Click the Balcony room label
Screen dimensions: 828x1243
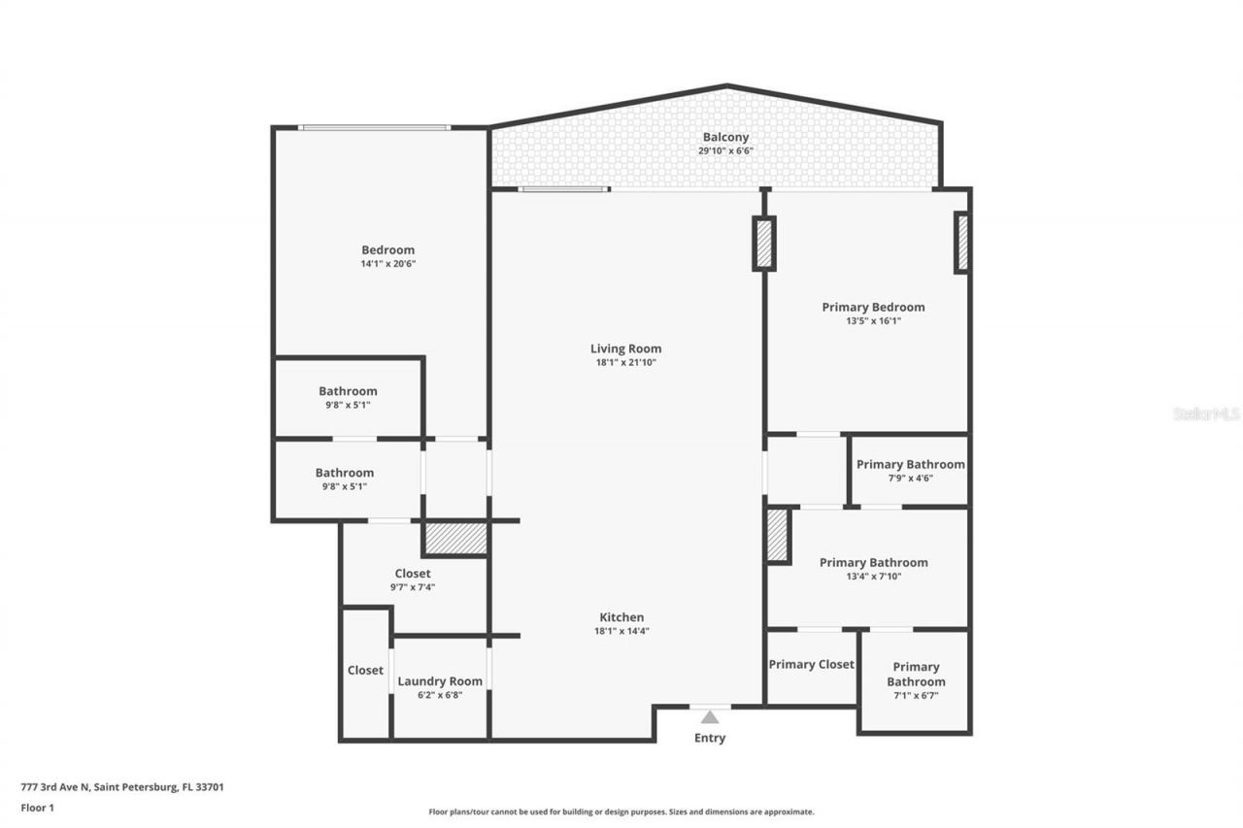(x=725, y=138)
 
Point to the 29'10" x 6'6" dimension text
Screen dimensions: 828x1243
(x=725, y=151)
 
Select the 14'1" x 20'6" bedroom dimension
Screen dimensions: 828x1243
(x=387, y=264)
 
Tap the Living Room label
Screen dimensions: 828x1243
(x=625, y=348)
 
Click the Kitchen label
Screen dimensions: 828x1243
(x=621, y=617)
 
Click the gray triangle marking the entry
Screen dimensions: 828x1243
(x=710, y=717)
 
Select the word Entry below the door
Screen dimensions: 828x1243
(x=709, y=738)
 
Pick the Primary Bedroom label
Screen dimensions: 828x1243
(x=873, y=307)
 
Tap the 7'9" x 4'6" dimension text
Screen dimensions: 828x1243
(x=910, y=478)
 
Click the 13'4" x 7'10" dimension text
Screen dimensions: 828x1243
(x=873, y=577)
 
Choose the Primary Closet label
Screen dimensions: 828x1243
(x=811, y=665)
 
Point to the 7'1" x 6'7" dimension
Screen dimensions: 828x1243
(x=916, y=696)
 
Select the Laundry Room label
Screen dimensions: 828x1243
(x=439, y=681)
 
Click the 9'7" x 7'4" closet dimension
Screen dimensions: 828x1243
(x=412, y=587)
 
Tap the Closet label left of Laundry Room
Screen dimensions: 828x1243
(x=365, y=670)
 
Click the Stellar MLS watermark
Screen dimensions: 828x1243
(x=1206, y=414)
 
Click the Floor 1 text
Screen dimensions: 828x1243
(x=37, y=807)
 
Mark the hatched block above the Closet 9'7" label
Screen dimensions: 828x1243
(x=454, y=539)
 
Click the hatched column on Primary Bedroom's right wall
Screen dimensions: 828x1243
(x=962, y=243)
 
